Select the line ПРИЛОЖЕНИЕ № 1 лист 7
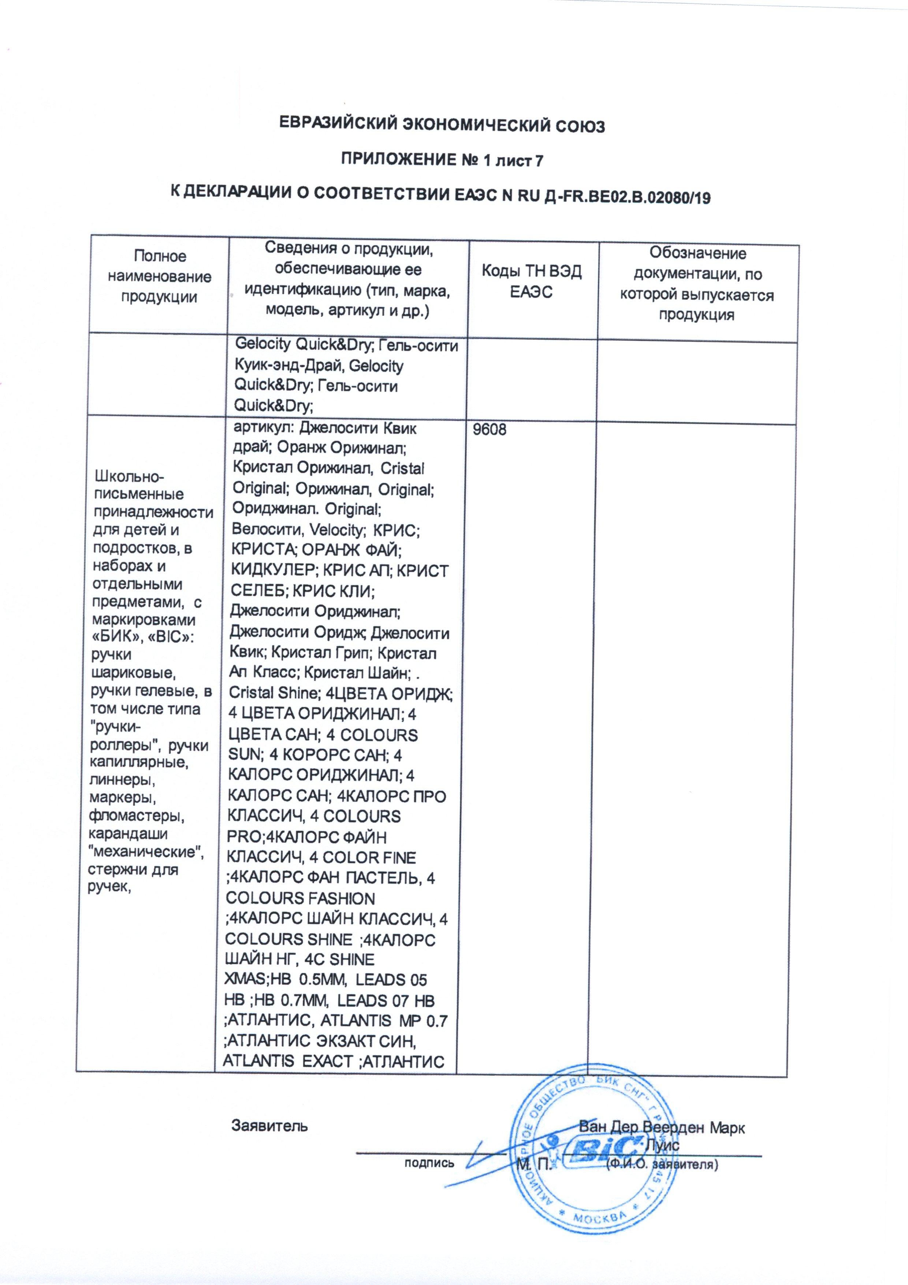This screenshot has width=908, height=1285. tap(442, 161)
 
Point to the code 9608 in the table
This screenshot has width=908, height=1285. tap(491, 430)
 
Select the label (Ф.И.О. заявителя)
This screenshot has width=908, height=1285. tap(661, 1163)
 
